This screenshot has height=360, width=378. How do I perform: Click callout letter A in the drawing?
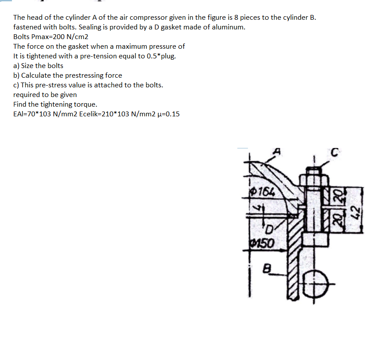[276, 151]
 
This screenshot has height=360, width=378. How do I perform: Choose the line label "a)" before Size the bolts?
[16, 65]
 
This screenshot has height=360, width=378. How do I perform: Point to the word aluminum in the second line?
[229, 27]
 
